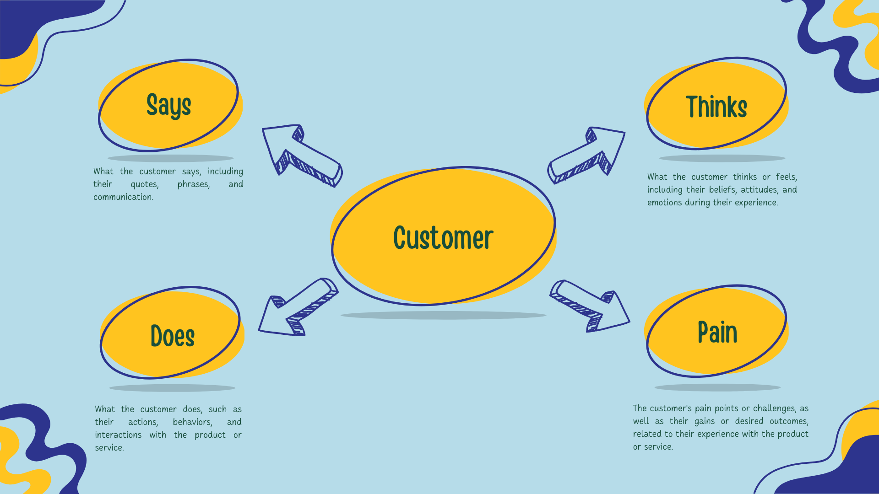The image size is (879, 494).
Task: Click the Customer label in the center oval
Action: (x=443, y=238)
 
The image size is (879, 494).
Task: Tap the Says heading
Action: (x=168, y=105)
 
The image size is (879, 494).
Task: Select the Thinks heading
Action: (x=716, y=107)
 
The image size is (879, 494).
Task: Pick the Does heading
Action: (x=173, y=336)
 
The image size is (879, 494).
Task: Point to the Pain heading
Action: (x=717, y=332)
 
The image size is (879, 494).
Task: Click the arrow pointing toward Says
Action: (x=302, y=156)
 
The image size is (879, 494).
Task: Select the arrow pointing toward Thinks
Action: (x=586, y=156)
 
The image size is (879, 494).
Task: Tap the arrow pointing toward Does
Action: (x=298, y=306)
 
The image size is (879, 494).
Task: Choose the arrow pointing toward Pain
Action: (x=590, y=306)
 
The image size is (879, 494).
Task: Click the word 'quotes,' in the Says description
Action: (x=145, y=184)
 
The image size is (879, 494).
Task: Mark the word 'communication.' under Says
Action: (x=124, y=197)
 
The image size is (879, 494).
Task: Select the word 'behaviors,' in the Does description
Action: (x=193, y=422)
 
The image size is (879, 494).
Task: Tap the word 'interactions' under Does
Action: (x=118, y=435)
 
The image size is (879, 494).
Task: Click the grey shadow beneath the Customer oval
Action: (x=443, y=315)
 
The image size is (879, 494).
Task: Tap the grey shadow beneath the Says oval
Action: (x=170, y=158)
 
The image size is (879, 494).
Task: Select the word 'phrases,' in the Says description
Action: (x=194, y=184)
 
